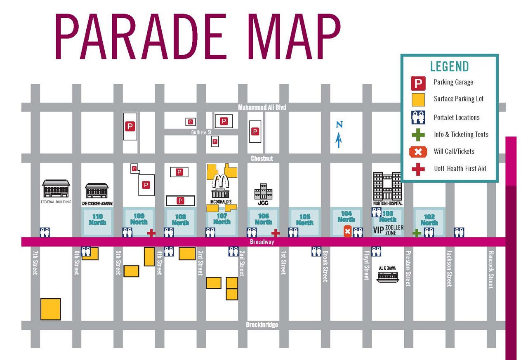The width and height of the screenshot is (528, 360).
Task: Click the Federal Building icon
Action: (56, 188)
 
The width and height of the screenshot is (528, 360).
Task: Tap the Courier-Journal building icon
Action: (97, 191)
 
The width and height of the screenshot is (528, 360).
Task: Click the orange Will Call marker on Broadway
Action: (347, 232)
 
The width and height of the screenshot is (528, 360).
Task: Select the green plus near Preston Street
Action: (417, 233)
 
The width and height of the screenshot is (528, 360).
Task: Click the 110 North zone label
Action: (97, 219)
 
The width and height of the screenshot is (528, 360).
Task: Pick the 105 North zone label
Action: (305, 220)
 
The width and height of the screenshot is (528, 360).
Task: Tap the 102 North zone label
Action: (429, 220)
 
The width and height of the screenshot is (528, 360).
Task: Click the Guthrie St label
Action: (201, 132)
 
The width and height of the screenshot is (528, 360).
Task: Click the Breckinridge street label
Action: (262, 325)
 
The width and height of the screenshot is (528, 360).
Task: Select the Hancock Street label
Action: (490, 270)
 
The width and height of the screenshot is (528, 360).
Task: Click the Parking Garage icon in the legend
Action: (418, 83)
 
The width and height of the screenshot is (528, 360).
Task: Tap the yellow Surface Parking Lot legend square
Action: (418, 100)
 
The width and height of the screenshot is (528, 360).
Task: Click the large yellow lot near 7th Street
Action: (51, 309)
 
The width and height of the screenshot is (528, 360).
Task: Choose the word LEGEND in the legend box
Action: (449, 66)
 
